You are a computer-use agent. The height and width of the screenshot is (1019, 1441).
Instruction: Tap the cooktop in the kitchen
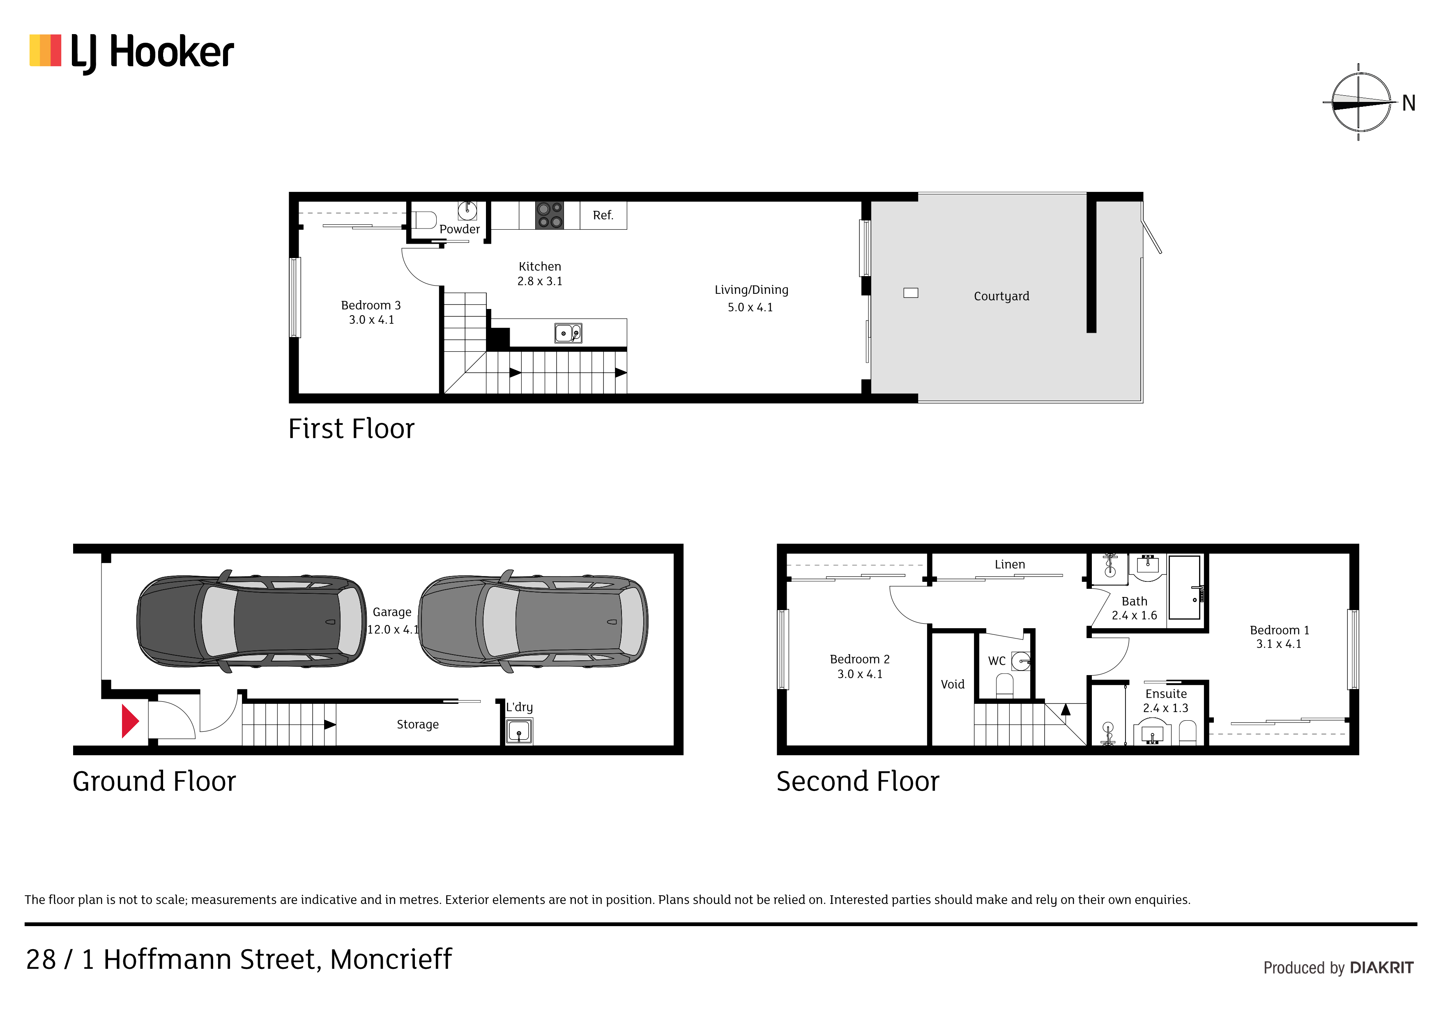pyautogui.click(x=549, y=215)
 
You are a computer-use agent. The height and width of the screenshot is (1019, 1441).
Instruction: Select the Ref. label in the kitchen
pyautogui.click(x=603, y=215)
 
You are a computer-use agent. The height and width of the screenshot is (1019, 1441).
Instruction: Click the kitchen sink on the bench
pyautogui.click(x=568, y=333)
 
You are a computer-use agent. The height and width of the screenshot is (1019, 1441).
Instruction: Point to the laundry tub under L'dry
pyautogui.click(x=519, y=731)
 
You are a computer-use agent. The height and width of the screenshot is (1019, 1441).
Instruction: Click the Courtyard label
pyautogui.click(x=1001, y=296)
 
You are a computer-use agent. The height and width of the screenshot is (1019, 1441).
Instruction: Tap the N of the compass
pyautogui.click(x=1409, y=103)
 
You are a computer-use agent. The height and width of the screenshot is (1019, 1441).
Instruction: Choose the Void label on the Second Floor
pyautogui.click(x=952, y=685)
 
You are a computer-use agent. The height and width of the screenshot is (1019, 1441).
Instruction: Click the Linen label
pyautogui.click(x=1009, y=565)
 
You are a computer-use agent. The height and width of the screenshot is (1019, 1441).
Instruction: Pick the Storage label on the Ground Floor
pyautogui.click(x=417, y=724)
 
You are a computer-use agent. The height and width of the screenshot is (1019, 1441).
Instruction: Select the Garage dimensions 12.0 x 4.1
pyautogui.click(x=393, y=629)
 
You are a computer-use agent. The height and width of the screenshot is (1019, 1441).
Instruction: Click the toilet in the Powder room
pyautogui.click(x=424, y=220)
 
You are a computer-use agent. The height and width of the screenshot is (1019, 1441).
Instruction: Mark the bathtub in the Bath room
pyautogui.click(x=1184, y=588)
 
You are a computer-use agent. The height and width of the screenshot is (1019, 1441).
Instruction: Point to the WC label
pyautogui.click(x=997, y=660)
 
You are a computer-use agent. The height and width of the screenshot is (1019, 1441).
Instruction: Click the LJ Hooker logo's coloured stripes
pyautogui.click(x=45, y=50)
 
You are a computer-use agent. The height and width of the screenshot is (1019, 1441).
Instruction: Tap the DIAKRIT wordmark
pyautogui.click(x=1381, y=968)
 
